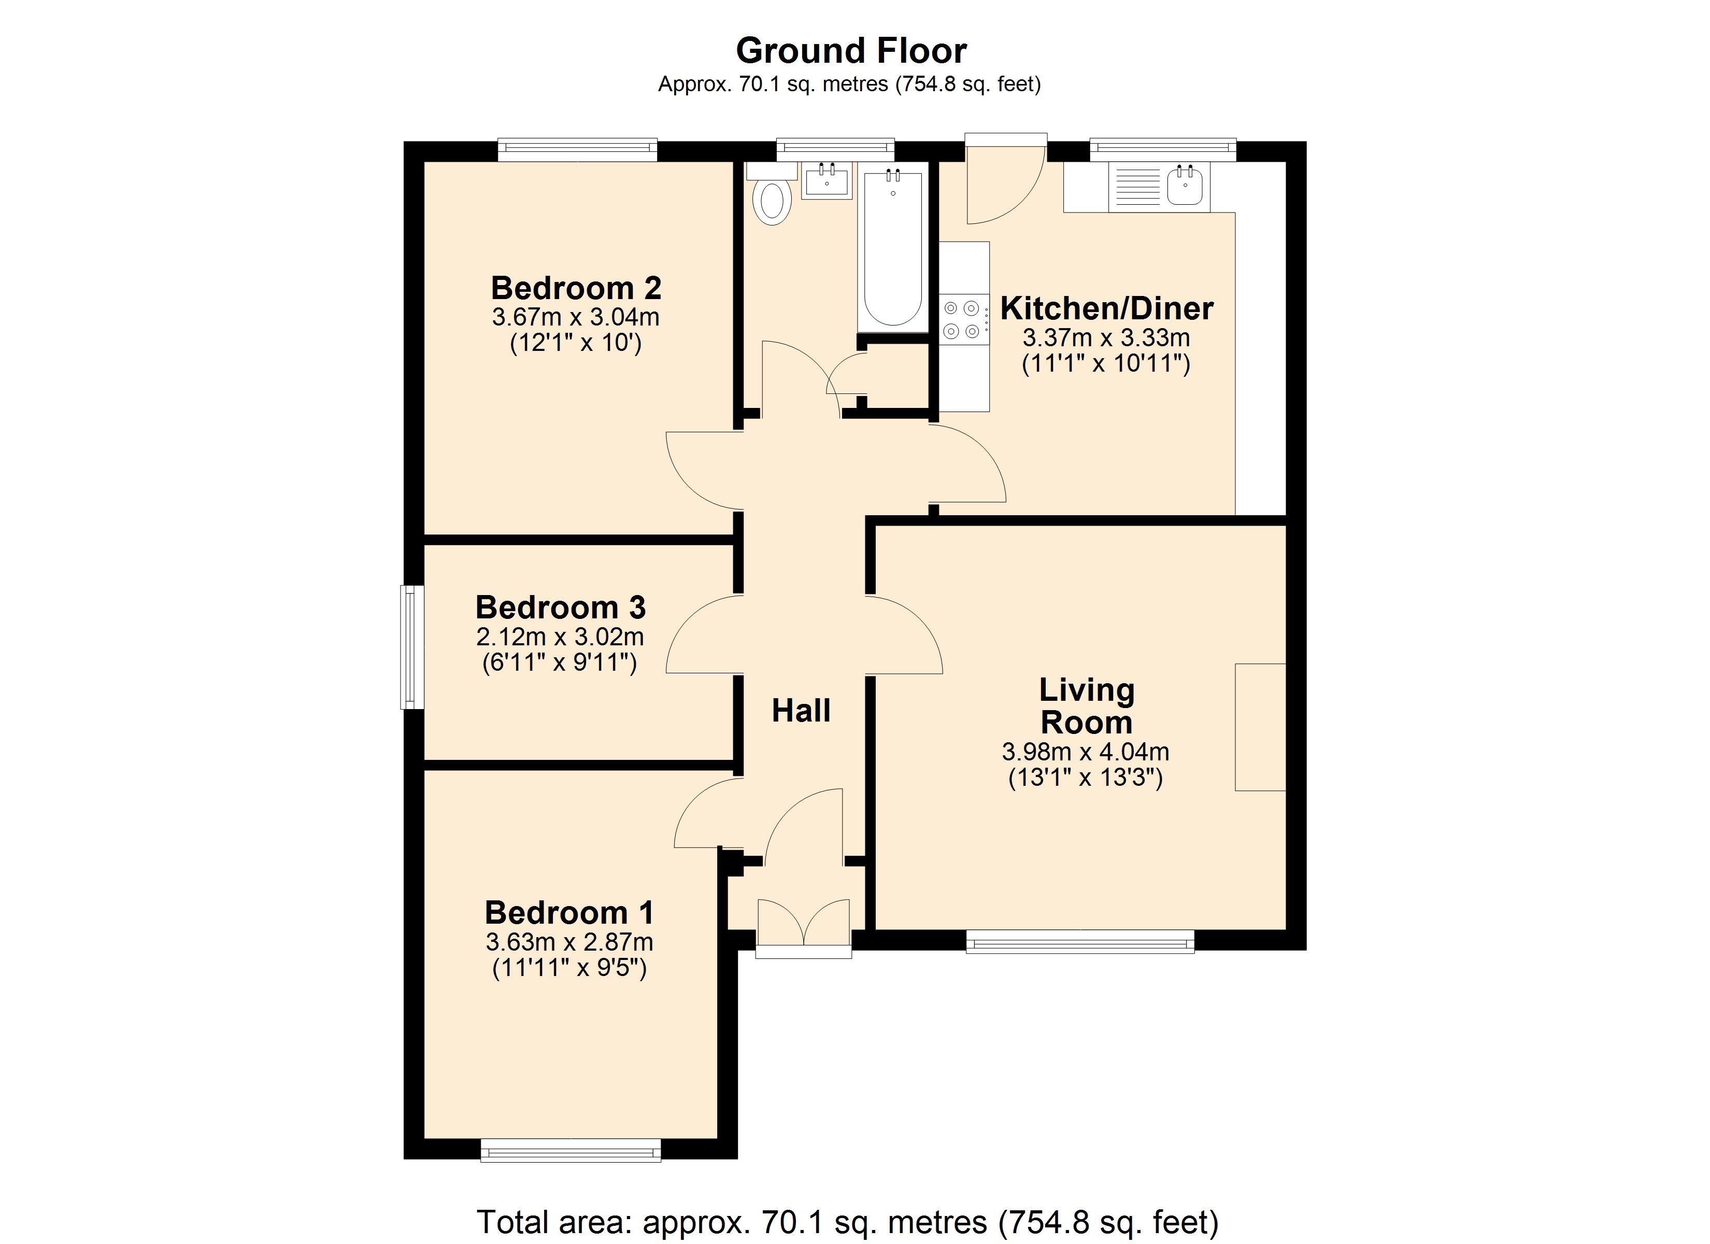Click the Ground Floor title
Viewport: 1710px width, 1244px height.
coord(851,51)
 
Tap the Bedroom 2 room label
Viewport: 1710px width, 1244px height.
coord(576,288)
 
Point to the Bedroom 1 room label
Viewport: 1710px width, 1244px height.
coord(569,913)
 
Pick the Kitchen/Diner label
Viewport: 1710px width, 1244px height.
coord(1107,308)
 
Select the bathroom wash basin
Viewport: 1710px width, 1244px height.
coord(826,180)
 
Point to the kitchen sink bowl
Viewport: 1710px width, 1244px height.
coord(1185,186)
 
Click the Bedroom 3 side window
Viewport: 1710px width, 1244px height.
coord(411,647)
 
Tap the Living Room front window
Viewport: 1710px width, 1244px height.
coord(1080,941)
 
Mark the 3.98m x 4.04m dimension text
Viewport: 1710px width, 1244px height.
coord(1086,752)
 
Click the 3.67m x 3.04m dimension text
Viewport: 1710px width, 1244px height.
coord(576,317)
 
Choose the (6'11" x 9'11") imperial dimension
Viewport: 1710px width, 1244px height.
coord(560,663)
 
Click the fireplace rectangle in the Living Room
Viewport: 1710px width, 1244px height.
coord(1260,727)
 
